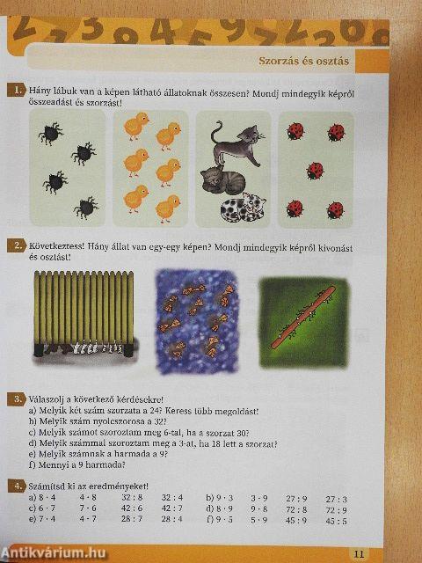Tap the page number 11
pos(358,553)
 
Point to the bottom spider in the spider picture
pos(85,208)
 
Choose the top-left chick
pos(135,128)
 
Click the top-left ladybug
pos(295,132)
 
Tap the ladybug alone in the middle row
pos(315,170)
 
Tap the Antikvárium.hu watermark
pos(54,551)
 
